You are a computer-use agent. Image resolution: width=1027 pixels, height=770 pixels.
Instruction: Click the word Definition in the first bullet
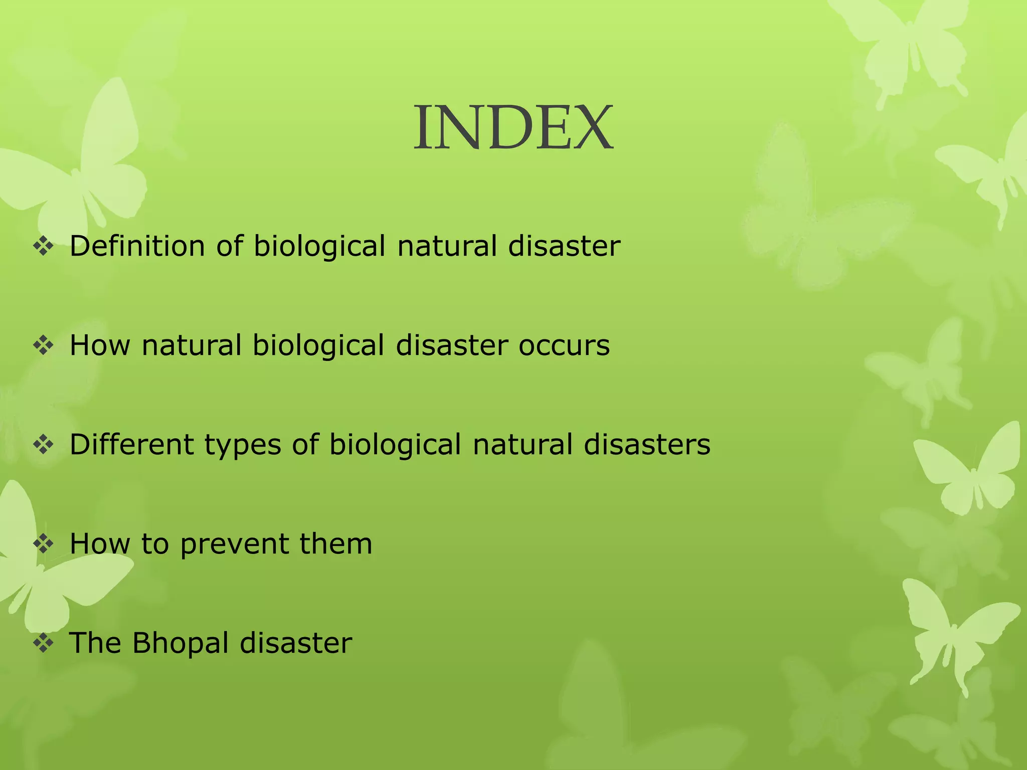(137, 246)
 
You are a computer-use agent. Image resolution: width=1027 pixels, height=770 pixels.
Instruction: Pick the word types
(243, 446)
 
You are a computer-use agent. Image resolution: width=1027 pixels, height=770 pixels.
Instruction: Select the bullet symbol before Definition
(44, 247)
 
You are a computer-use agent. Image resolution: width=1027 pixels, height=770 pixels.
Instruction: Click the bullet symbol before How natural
(44, 346)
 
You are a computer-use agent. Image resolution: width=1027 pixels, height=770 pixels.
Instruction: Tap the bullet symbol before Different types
(44, 445)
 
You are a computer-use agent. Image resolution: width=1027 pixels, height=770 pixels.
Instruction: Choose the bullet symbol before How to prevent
(44, 544)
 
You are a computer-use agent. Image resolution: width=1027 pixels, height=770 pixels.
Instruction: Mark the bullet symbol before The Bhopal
(44, 643)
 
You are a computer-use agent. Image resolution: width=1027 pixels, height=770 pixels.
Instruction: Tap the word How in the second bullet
(100, 345)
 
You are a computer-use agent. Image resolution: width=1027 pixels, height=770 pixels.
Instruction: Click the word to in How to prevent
(155, 544)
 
